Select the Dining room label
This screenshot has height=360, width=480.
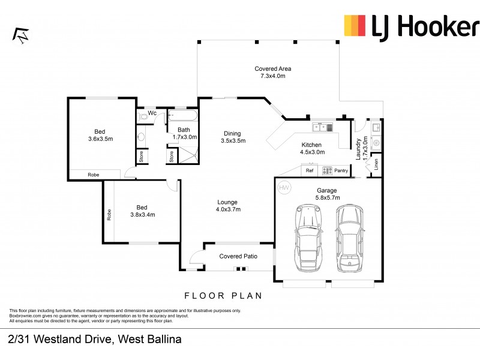233,137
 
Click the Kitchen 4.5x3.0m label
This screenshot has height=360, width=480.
311,148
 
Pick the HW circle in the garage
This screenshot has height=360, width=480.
284,188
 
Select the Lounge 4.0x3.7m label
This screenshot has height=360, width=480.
228,206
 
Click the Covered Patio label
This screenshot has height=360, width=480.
238,256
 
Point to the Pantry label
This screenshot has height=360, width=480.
341,171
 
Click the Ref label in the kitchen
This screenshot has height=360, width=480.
310,171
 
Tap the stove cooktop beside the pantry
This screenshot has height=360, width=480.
327,171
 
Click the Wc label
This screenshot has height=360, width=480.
152,113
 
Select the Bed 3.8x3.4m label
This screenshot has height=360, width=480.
143,211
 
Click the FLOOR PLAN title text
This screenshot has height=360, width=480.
223,296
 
